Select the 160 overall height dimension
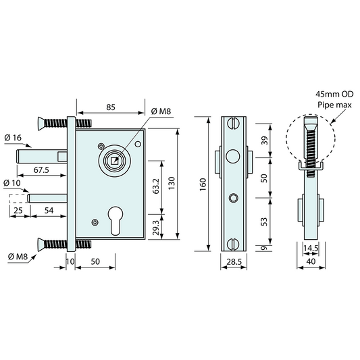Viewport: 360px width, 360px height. point(203,184)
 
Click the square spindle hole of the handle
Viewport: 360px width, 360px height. point(114,161)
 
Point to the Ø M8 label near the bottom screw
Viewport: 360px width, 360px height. point(16,255)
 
